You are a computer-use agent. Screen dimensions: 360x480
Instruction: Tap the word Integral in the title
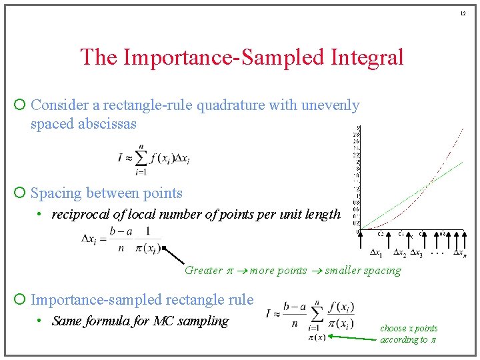point(367,57)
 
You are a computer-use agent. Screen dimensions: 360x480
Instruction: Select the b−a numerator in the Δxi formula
point(121,231)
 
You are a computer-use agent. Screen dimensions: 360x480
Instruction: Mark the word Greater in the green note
point(203,270)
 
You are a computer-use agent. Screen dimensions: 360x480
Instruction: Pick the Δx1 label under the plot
point(376,253)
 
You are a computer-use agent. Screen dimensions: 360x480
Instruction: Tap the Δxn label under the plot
point(460,253)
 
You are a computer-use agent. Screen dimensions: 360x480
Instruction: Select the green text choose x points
point(409,328)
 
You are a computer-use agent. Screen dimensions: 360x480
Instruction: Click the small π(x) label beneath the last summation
point(317,337)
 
